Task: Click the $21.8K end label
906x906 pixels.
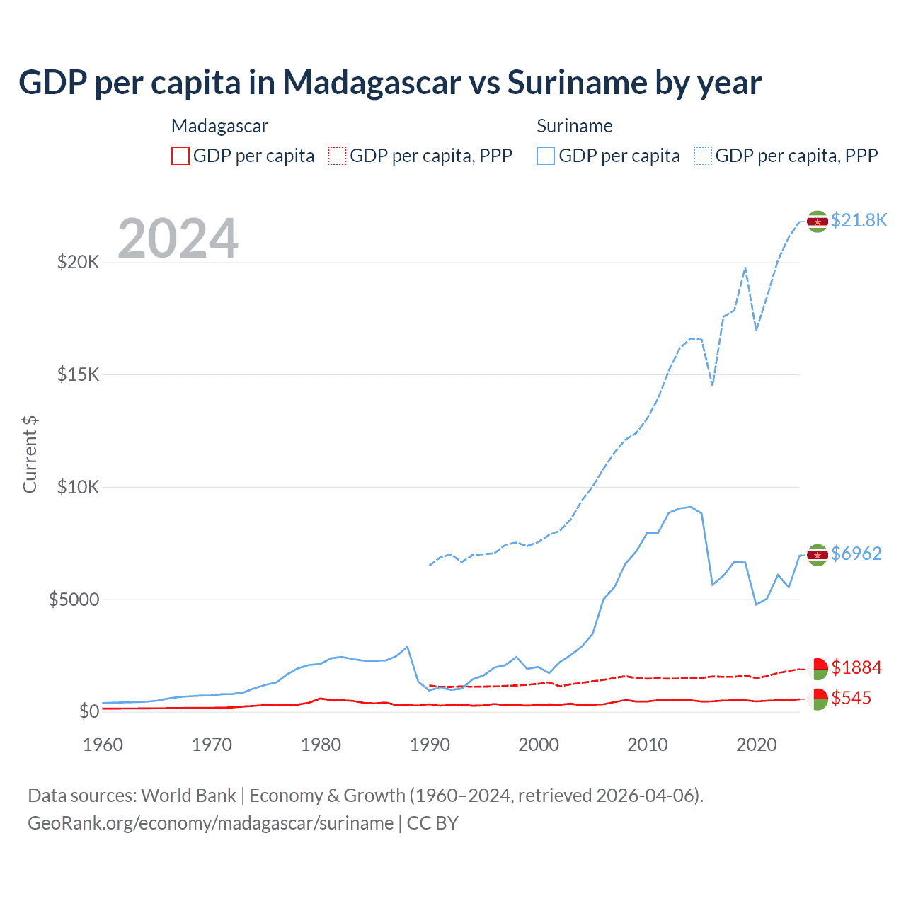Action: click(859, 220)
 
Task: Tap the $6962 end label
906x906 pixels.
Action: click(856, 554)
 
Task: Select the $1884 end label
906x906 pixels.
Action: click(856, 667)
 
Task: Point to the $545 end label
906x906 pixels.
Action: click(851, 698)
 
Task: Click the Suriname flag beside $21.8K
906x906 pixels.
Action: click(818, 222)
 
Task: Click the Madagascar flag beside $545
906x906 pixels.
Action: click(818, 699)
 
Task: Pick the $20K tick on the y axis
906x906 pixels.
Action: click(79, 263)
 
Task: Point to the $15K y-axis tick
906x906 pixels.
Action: click(79, 374)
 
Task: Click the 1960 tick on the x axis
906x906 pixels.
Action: click(103, 745)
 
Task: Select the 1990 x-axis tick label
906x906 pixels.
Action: click(430, 745)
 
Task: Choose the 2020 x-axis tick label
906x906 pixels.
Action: click(757, 745)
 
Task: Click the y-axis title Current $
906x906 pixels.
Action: click(30, 454)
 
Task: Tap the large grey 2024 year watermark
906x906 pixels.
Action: click(178, 239)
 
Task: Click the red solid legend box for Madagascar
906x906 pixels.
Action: click(180, 156)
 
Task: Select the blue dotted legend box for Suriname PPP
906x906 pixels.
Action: click(703, 156)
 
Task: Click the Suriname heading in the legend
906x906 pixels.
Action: click(575, 126)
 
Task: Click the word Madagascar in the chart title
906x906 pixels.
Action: click(372, 83)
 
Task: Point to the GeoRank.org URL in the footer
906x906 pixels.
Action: click(211, 823)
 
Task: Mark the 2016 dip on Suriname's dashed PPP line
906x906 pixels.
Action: click(712, 385)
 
